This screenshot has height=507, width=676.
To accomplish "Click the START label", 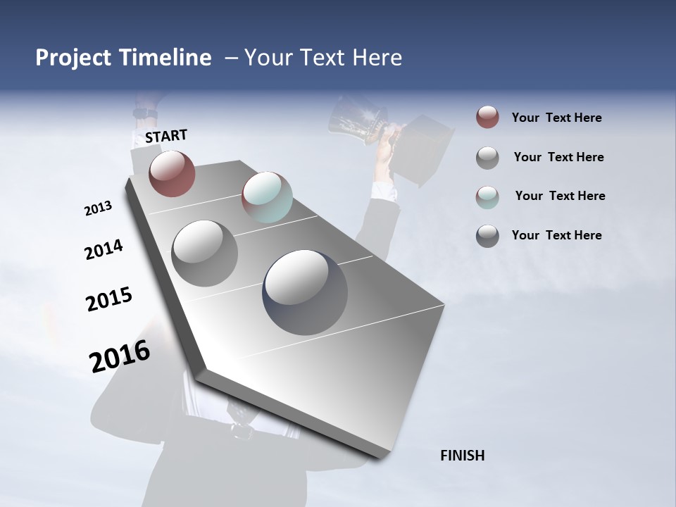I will [166, 136].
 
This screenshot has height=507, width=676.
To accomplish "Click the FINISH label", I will [462, 456].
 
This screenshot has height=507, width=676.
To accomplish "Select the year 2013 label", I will [99, 208].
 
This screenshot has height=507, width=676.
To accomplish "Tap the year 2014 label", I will [104, 249].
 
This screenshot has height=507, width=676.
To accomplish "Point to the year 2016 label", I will [120, 356].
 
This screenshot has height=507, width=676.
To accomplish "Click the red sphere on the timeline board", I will [172, 173].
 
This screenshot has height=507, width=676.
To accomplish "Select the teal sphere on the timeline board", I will [267, 197].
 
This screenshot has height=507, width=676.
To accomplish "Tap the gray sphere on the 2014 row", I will [205, 253].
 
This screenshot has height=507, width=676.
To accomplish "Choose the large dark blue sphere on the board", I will [305, 292].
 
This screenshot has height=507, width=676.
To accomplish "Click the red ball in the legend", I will [487, 118].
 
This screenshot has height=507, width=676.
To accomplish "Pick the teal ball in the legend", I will [487, 196].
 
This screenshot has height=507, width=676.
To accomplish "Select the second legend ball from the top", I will [487, 157].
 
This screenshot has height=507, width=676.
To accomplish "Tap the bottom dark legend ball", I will [487, 236].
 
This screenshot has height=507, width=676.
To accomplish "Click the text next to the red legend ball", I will [556, 118].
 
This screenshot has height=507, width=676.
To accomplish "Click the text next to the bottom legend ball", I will [556, 235].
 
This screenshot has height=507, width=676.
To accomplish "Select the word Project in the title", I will [73, 58].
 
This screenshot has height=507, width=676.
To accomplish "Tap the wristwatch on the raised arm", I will [142, 113].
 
